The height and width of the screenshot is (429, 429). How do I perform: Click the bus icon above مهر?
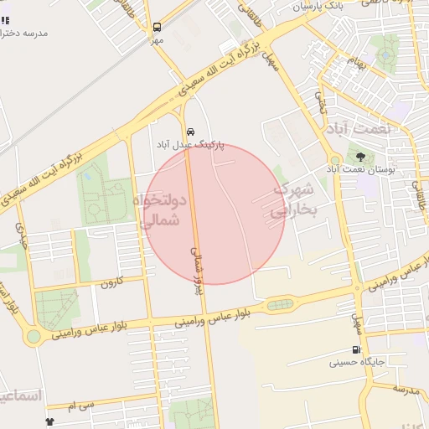(x=157, y=27)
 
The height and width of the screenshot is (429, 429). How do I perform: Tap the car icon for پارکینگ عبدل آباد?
(x=191, y=132)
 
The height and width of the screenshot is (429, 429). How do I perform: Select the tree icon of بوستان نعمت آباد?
(x=361, y=156)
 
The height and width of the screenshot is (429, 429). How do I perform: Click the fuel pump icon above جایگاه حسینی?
(x=356, y=349)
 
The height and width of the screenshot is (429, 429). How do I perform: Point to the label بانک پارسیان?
(x=318, y=7)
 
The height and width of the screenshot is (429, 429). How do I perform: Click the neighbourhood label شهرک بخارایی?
(x=296, y=200)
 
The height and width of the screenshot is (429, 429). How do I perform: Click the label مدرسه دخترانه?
(x=24, y=33)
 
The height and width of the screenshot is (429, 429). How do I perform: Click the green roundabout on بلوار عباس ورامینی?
(x=33, y=337)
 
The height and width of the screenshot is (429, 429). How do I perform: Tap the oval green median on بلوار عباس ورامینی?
(x=281, y=305)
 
